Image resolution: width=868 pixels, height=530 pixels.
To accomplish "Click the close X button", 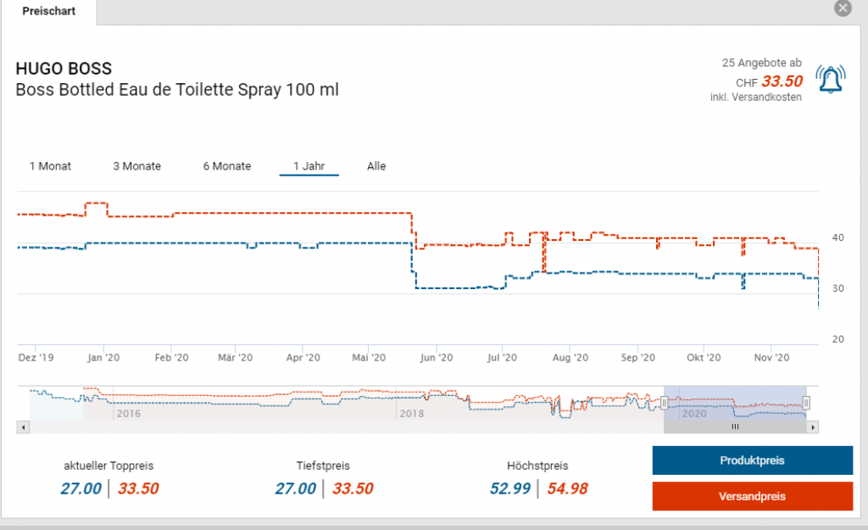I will [843, 8].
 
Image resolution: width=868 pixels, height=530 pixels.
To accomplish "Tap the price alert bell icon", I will [830, 79].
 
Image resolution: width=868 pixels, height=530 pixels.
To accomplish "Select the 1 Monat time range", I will [50, 166].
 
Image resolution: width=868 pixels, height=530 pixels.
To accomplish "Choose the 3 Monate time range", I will [136, 166].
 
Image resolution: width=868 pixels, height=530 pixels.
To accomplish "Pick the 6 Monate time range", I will [226, 166].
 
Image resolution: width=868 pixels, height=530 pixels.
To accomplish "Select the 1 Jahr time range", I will [309, 166].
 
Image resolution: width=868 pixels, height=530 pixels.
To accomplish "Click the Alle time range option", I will [376, 166].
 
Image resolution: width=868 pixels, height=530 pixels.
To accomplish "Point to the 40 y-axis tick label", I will [837, 238].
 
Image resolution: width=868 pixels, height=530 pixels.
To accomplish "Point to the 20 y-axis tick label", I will [837, 339].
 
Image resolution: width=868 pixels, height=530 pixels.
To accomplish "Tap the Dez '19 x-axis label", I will [36, 359].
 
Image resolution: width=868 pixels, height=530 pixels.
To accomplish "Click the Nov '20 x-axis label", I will [771, 359].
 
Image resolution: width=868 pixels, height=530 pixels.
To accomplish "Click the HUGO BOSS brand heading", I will [64, 69].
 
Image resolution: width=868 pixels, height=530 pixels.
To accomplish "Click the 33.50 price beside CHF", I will [781, 82].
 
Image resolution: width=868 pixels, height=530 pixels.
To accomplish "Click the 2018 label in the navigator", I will [411, 414].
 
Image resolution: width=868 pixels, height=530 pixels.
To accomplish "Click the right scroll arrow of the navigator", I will [813, 427].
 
